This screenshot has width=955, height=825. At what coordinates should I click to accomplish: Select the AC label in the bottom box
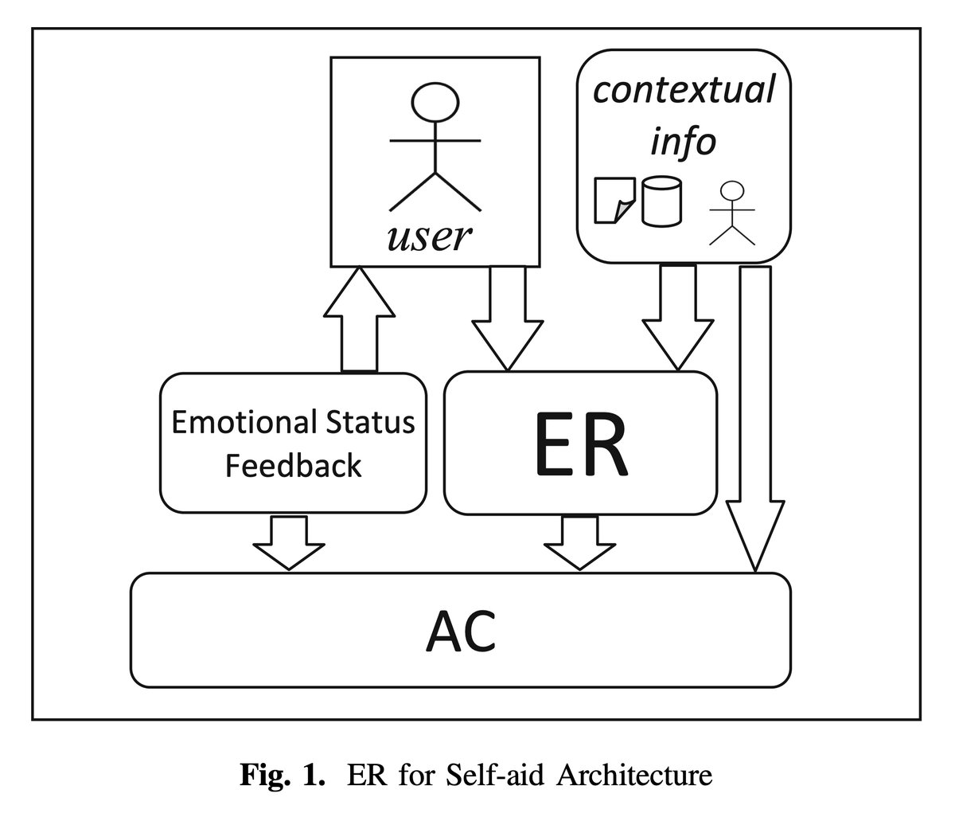[461, 630]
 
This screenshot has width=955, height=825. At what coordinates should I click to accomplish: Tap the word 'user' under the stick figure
[429, 237]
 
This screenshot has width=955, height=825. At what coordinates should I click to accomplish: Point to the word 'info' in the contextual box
[683, 142]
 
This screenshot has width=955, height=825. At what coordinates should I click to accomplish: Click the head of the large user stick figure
[435, 103]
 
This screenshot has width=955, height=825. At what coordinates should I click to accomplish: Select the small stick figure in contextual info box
[731, 211]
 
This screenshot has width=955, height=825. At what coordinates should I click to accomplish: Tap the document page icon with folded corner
[614, 201]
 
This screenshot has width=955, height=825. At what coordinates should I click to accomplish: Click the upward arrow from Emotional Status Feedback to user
[360, 319]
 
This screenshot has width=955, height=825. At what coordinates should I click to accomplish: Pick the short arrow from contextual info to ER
[676, 319]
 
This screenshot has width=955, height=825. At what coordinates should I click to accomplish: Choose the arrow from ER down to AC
[580, 542]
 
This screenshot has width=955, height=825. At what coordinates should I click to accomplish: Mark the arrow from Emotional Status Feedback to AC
[289, 542]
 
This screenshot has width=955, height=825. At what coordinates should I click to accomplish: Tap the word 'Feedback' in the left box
[293, 465]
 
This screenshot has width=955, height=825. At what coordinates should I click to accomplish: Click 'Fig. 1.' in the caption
[283, 774]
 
